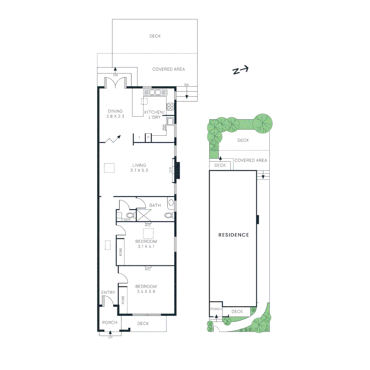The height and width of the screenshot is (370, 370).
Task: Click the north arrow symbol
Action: (241, 70)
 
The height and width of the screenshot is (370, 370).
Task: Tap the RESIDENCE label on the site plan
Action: (234, 235)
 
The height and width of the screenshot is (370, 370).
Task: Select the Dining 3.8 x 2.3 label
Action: (115, 113)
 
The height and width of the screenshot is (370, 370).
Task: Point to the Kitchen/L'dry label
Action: (155, 115)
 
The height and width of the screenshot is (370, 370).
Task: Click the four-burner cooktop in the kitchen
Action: (170, 106)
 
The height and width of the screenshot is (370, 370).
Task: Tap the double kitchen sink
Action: (155, 92)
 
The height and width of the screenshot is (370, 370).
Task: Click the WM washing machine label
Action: (164, 127)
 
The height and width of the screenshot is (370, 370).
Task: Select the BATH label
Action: (155, 205)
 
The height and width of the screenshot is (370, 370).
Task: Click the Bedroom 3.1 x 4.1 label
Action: (146, 244)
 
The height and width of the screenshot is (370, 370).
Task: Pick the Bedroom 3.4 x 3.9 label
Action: (146, 289)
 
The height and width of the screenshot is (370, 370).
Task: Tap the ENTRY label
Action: (108, 292)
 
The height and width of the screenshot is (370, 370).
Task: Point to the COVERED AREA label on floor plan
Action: (169, 69)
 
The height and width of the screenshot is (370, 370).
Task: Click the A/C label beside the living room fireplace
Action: (170, 170)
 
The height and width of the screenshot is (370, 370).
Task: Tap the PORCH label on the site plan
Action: (216, 309)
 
